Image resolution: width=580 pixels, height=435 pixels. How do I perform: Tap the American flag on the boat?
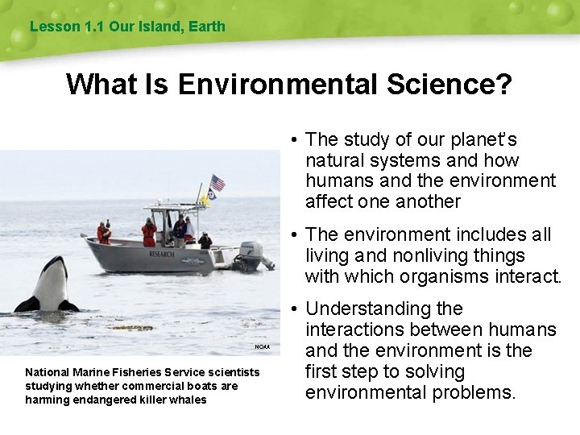(217, 182)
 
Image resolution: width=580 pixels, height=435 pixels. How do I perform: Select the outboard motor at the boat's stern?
(252, 254)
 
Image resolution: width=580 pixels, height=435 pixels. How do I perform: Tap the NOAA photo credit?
(263, 346)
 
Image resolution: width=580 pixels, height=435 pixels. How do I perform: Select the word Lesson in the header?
(54, 27)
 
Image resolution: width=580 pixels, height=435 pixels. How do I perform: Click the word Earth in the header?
(208, 27)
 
